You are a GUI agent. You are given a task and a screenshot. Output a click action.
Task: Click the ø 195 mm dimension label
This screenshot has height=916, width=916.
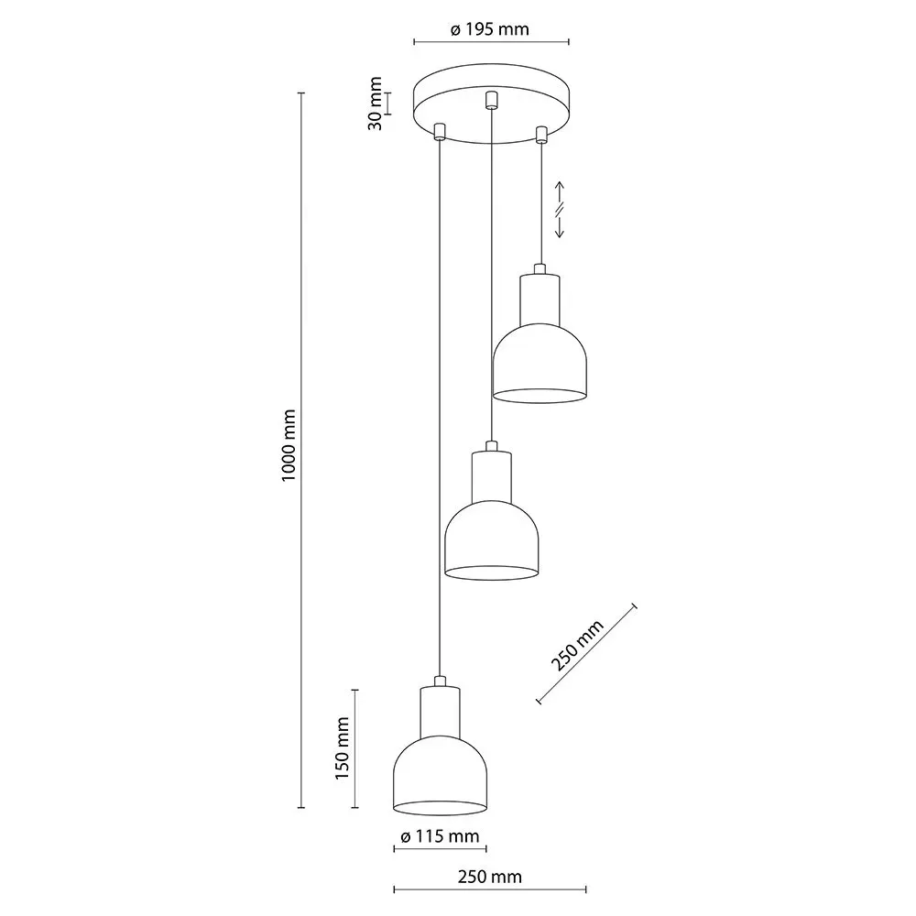pos(490,29)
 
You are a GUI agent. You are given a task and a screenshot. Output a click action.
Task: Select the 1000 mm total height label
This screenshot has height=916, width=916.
pos(287,445)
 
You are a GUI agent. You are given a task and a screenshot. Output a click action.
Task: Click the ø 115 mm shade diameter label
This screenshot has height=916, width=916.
pos(440,836)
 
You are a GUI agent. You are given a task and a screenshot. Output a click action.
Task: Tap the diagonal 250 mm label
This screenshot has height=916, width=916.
pos(579,646)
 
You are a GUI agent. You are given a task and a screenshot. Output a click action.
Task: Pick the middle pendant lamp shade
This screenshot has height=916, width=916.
pos(491,545)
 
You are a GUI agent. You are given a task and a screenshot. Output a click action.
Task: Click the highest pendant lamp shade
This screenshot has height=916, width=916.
pos(540,366)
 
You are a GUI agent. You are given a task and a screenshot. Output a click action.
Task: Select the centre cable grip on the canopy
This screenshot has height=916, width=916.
pos(491,100)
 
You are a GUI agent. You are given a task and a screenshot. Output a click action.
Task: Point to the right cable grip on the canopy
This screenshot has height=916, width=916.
pos(540,134)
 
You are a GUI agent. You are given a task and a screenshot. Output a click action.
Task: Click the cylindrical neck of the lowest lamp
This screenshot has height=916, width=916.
pos(440,711)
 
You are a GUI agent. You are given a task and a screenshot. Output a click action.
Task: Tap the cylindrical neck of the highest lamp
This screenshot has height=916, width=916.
pos(540,299)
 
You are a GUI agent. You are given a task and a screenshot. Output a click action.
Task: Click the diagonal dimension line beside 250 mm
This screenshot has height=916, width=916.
pos(586,654)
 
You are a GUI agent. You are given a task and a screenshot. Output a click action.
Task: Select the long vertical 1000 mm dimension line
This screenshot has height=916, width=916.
pos(301,449)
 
